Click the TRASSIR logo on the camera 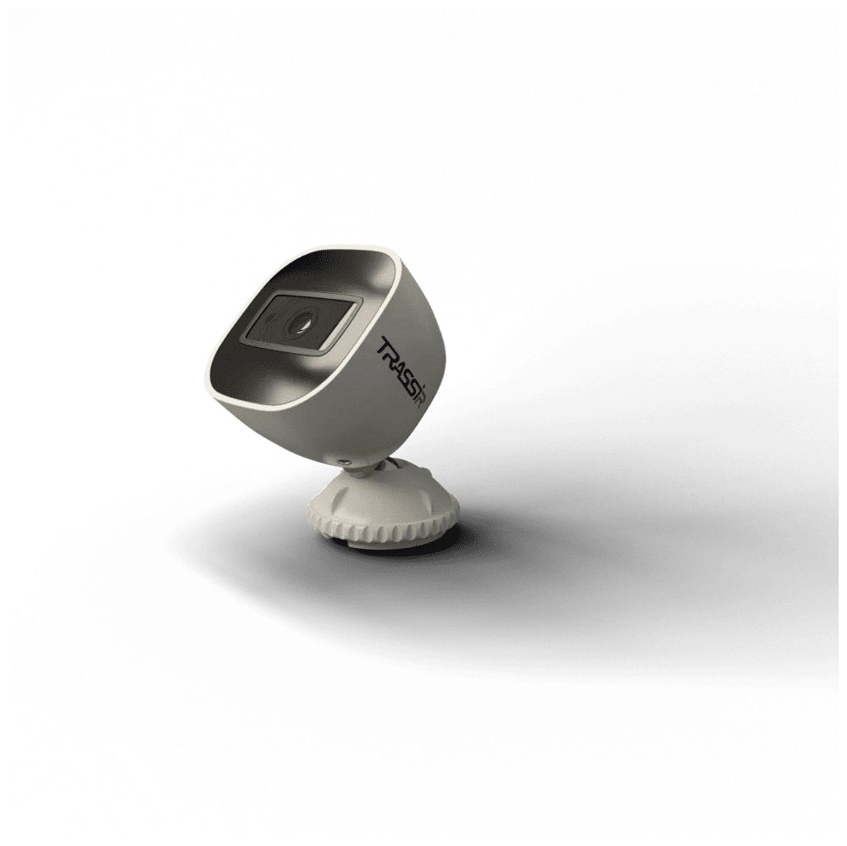point(402,373)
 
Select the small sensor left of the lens point(268,318)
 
